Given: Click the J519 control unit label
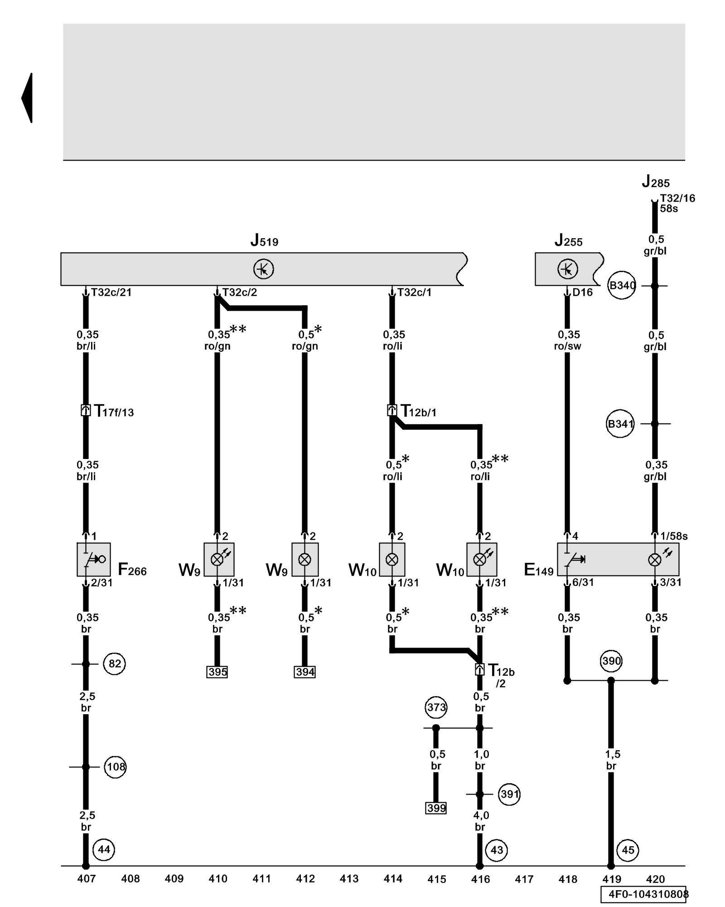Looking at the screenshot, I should [x=264, y=240].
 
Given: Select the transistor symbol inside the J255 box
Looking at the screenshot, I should [x=567, y=269].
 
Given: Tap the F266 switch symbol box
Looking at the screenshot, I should [x=94, y=559].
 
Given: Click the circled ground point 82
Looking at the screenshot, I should [x=114, y=664].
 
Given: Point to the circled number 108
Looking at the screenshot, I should [x=115, y=766].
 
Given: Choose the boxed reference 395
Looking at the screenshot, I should [x=217, y=672].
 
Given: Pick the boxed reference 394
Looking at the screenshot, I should [x=304, y=672].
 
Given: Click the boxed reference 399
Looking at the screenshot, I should [x=436, y=808].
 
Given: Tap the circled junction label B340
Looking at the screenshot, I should [x=622, y=286].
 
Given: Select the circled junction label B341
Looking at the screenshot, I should [x=620, y=424].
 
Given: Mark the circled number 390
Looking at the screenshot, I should [x=611, y=661].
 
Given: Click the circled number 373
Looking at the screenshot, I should [x=436, y=707].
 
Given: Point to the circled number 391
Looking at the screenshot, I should [x=509, y=794].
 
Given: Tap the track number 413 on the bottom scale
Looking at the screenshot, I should [x=349, y=878].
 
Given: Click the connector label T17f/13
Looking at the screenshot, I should [x=113, y=411].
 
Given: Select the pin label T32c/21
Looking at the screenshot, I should [x=111, y=293].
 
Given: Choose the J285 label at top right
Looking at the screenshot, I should [x=655, y=182].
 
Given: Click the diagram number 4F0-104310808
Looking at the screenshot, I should [x=647, y=894].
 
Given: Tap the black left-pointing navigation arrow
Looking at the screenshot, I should [x=27, y=98].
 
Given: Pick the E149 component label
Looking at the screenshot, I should [x=538, y=570].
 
